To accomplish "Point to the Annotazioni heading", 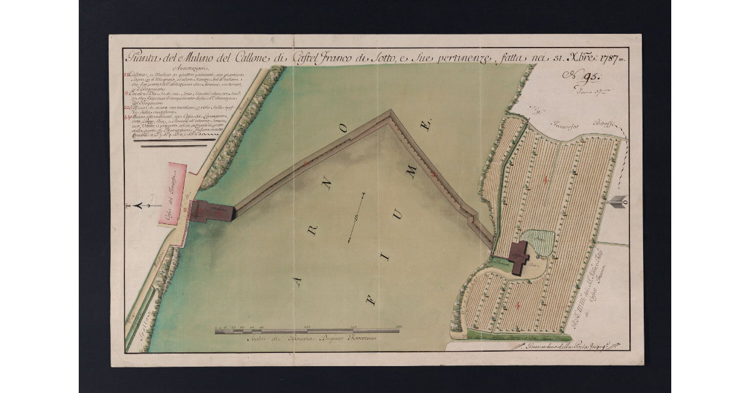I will [177, 69].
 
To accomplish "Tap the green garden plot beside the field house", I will [538, 242].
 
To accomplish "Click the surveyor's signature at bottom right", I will [566, 345].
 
